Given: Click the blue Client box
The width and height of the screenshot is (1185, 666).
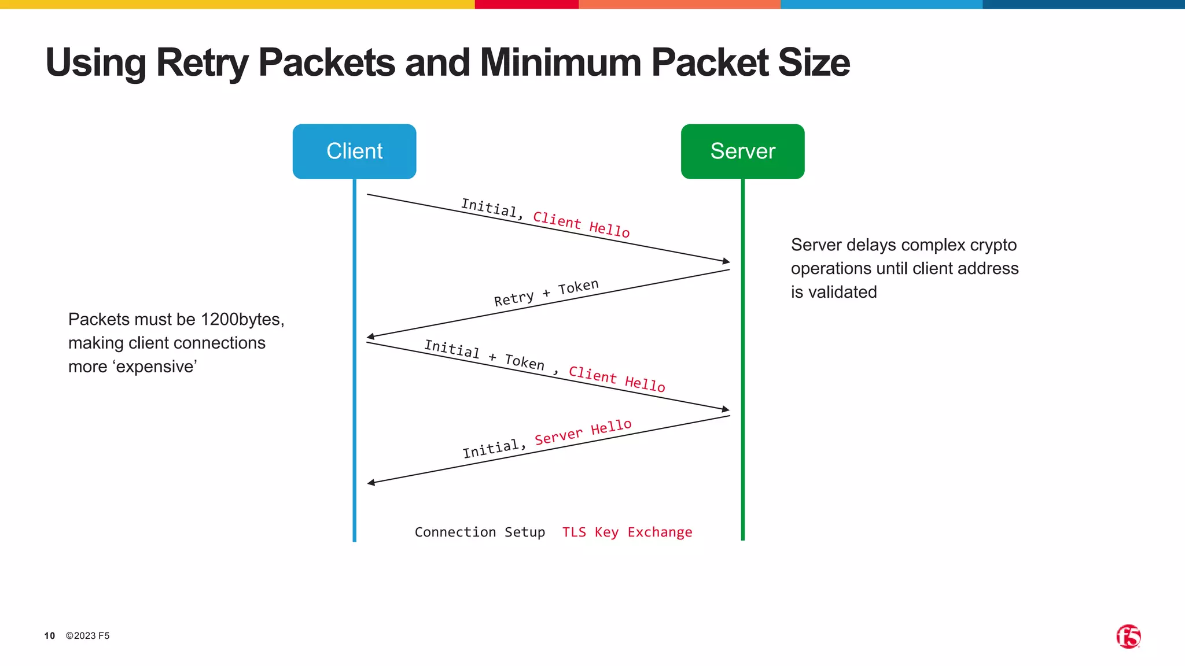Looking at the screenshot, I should coord(354,151).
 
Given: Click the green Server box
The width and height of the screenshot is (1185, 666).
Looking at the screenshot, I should coord(742,151).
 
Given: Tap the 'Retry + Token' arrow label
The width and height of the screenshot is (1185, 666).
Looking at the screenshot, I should coord(546,293).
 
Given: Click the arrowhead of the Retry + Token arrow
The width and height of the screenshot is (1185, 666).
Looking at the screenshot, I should coord(370,336).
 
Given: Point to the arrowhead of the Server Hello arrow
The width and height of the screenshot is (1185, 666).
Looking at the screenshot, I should coord(371,482).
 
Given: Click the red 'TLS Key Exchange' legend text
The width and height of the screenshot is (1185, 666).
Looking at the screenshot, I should coord(627,532).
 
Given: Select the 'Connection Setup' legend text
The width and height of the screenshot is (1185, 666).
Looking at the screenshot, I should coord(480,532).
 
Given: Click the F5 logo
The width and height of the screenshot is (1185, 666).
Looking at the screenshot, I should coord(1128,637).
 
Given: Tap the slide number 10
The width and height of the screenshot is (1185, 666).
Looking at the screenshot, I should coord(50,636).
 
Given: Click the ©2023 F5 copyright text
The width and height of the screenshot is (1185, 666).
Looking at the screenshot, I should coord(87,636).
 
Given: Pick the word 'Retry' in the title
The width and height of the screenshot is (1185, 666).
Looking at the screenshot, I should coord(203,62).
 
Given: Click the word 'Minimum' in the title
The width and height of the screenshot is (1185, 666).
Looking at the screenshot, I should coord(560,62).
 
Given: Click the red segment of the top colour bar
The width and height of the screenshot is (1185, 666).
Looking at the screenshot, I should coord(526,4).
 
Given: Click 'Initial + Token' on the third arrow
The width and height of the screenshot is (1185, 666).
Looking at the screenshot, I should coord(484,354).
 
